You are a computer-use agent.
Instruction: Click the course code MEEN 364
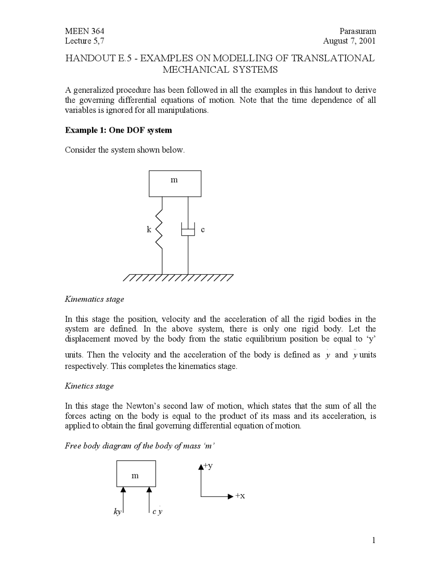[84, 31]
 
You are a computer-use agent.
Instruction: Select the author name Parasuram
[357, 31]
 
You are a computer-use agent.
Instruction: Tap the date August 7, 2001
[349, 41]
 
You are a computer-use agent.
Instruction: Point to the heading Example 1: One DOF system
[119, 130]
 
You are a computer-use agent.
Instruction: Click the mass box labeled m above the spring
[175, 183]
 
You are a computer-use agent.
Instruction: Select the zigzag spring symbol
[160, 229]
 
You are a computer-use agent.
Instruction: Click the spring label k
[149, 229]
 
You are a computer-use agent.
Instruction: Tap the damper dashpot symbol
[188, 230]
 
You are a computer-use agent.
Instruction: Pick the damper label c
[203, 229]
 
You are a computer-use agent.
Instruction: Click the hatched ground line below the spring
[178, 278]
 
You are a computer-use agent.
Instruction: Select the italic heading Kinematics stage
[94, 299]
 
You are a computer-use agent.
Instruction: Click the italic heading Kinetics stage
[89, 386]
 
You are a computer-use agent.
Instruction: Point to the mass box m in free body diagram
[136, 473]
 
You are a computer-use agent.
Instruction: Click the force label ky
[117, 512]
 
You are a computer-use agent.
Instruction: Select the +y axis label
[208, 466]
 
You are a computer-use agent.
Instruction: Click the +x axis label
[240, 496]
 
